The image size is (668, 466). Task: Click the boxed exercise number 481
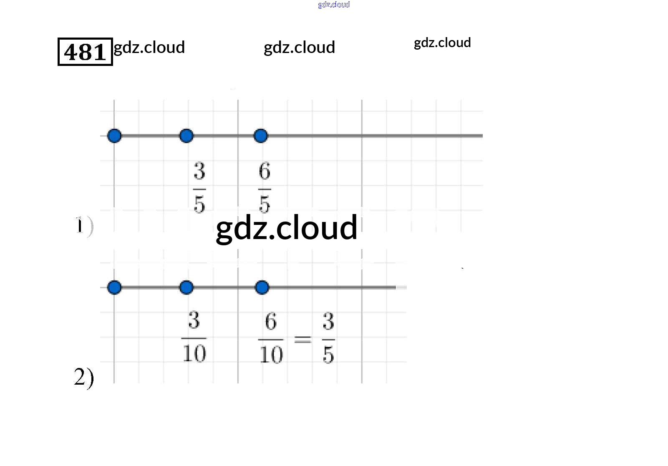[x=85, y=52]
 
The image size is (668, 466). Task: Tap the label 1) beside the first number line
[x=84, y=226]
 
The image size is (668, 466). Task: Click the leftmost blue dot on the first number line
[x=114, y=136]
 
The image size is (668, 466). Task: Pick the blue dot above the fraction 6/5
[x=261, y=136]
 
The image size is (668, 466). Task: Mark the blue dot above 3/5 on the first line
[x=187, y=136]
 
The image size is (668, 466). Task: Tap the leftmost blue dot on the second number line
[x=114, y=287]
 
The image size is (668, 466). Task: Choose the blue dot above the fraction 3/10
[x=187, y=287]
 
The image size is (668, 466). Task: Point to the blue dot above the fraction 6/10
[x=262, y=287]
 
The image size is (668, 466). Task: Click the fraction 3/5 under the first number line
[x=199, y=188]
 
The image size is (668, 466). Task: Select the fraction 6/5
[x=265, y=188]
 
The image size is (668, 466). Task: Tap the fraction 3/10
[x=194, y=337]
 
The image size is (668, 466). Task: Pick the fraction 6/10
[x=271, y=338]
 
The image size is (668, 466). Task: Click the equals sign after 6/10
[x=303, y=339]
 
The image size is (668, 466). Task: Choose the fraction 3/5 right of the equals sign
[x=328, y=338]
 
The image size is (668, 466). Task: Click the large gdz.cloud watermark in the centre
[x=286, y=228]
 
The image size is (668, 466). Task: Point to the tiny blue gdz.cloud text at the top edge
[x=334, y=5]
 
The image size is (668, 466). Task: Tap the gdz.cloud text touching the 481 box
[x=149, y=48]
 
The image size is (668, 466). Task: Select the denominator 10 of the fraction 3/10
[x=194, y=353]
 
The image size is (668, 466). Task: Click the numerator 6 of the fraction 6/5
[x=265, y=171]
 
